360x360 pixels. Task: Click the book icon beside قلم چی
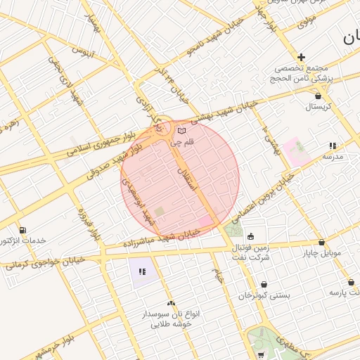tap(182, 131)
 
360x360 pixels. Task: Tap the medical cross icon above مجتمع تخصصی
tap(301, 57)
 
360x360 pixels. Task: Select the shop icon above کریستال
tap(319, 96)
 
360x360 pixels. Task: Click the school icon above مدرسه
tap(333, 146)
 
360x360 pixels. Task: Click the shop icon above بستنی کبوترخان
tap(264, 284)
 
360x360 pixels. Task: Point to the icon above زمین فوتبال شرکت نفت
tap(251, 236)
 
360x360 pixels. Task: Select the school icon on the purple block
tap(141, 271)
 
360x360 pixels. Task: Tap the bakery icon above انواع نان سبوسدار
tap(171, 303)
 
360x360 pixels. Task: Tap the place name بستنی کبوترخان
tap(264, 296)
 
